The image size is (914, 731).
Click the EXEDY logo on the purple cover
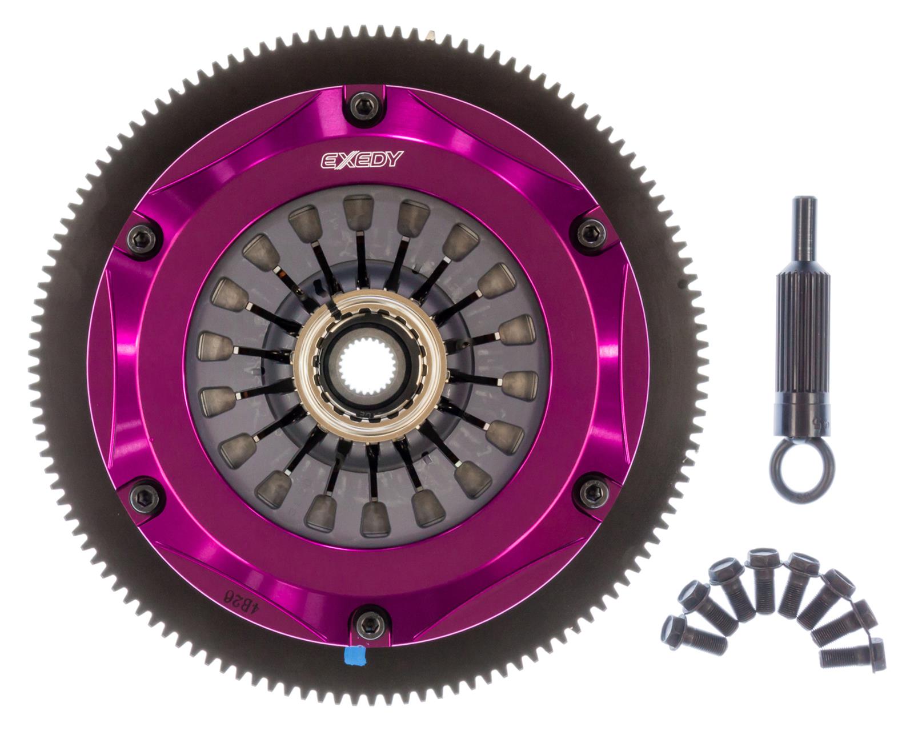pyautogui.click(x=361, y=160)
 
